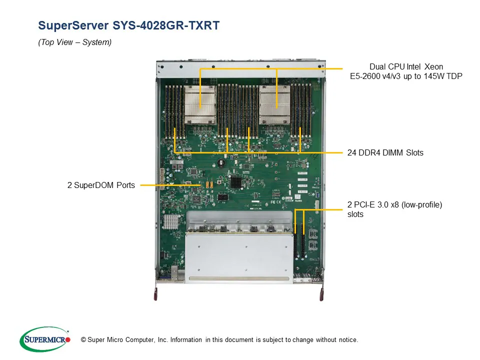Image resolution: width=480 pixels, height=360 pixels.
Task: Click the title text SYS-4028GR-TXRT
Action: click(128, 25)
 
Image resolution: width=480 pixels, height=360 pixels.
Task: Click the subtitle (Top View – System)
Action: click(75, 42)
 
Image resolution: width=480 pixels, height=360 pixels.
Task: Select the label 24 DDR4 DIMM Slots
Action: click(385, 152)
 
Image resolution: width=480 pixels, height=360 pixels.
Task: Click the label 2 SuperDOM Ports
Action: click(101, 185)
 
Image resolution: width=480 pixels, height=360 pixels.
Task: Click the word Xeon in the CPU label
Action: click(433, 66)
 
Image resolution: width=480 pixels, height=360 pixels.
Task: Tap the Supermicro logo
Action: click(44, 339)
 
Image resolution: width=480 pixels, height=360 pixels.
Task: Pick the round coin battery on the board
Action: click(233, 157)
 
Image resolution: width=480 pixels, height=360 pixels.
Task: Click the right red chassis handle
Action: click(321, 294)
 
